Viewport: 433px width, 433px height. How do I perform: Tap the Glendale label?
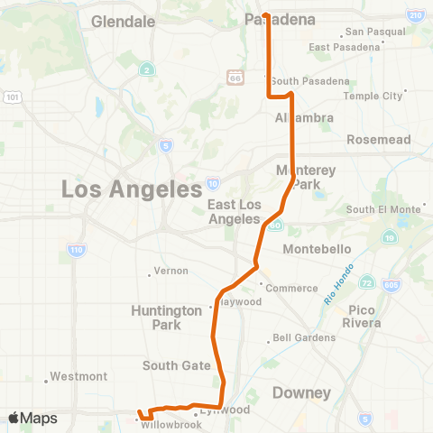point(124,20)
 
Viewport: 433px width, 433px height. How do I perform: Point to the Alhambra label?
point(305,117)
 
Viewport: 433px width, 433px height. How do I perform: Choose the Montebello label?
point(316,248)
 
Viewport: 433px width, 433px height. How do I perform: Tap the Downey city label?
point(302,393)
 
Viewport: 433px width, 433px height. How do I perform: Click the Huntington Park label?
point(167,317)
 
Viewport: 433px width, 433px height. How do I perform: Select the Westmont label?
point(79,376)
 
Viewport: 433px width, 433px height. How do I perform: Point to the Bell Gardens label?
point(306,338)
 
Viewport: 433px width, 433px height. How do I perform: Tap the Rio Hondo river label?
point(335,290)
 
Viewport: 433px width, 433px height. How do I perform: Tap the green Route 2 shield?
point(146,69)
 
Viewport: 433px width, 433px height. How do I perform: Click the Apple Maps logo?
point(32,418)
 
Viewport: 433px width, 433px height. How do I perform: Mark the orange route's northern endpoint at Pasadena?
point(266,14)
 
